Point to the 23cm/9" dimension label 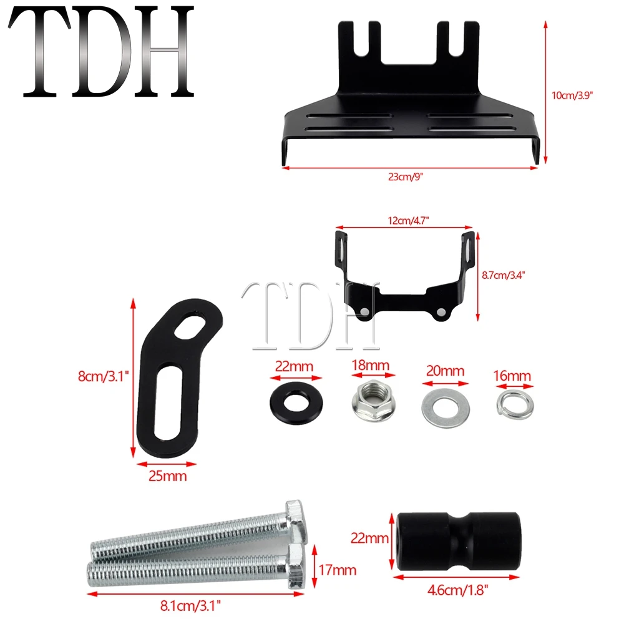pyautogui.click(x=409, y=177)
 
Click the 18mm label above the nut pyautogui.click(x=373, y=365)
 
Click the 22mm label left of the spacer pyautogui.click(x=366, y=536)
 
